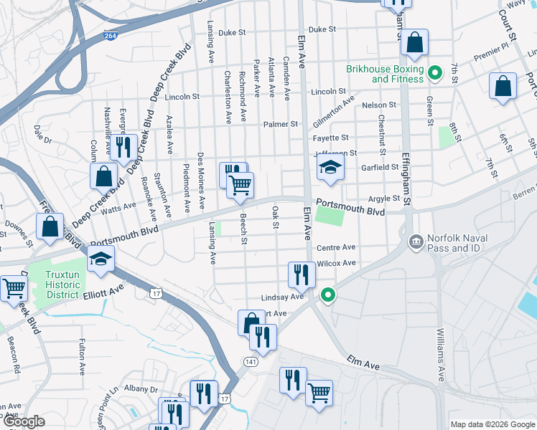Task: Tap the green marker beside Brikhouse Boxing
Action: click(434, 73)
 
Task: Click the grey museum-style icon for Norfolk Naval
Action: click(415, 242)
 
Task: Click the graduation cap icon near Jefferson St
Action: click(330, 168)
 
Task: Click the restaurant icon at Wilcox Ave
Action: click(302, 274)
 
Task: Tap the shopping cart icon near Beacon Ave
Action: click(14, 288)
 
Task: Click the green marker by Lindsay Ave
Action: click(328, 295)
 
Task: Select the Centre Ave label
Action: click(336, 247)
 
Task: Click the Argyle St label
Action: click(384, 199)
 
